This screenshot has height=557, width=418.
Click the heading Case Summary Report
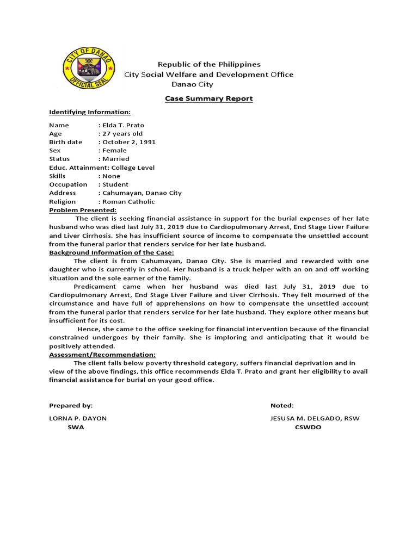209,98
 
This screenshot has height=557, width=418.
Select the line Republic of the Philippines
209,64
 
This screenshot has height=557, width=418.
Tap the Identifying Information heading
90,112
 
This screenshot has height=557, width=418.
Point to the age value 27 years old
122,134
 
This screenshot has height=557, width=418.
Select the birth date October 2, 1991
128,142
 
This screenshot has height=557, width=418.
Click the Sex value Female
114,151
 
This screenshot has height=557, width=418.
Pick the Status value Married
115,159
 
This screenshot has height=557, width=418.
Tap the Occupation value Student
115,184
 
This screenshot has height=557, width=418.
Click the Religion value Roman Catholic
128,201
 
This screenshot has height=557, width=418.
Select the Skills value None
111,176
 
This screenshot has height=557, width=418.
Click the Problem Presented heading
83,210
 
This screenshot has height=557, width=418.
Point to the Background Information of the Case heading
111,252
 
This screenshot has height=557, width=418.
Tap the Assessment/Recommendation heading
102,354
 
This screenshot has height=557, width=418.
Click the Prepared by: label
71,406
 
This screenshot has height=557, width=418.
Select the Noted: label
282,406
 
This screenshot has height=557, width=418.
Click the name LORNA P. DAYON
78,418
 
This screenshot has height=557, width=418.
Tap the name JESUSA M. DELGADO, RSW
315,418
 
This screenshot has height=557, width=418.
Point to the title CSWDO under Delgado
308,427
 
